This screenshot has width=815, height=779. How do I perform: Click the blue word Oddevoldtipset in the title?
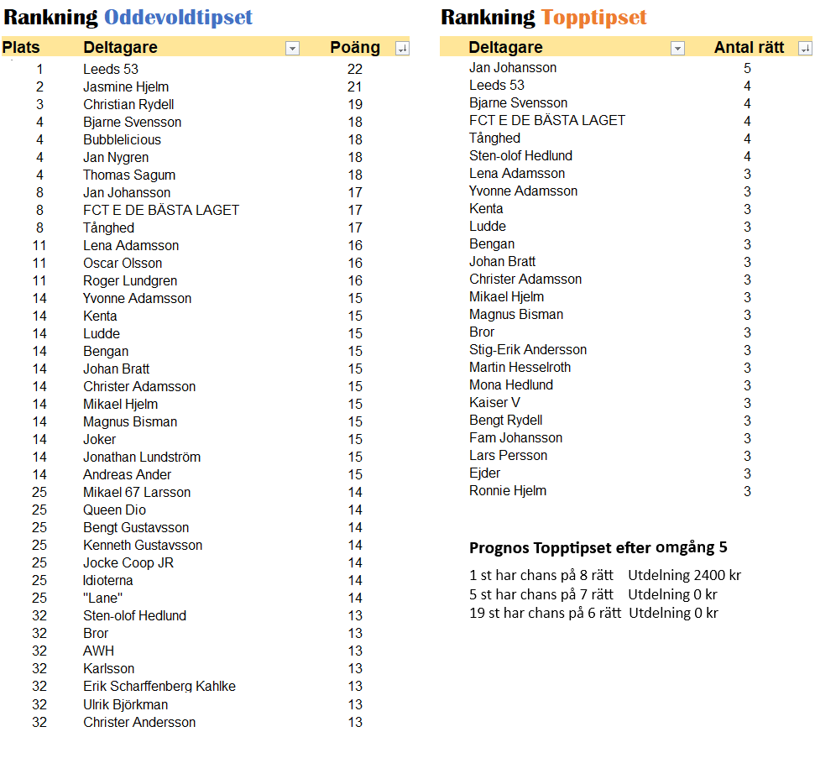tap(178, 18)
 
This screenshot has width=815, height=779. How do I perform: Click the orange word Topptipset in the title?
tap(594, 18)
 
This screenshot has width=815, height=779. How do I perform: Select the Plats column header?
tap(21, 48)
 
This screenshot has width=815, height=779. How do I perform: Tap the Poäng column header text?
tap(355, 48)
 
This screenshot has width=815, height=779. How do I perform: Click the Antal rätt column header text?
tap(749, 48)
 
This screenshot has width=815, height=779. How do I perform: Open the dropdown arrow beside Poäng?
tap(402, 49)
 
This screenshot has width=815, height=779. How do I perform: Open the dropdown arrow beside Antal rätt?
tap(805, 49)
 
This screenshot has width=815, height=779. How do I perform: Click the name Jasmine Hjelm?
tap(126, 86)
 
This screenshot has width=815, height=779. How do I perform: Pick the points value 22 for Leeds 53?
tap(354, 69)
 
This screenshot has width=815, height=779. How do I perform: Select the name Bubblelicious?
tap(122, 139)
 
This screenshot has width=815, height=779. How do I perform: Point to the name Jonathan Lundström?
tap(142, 457)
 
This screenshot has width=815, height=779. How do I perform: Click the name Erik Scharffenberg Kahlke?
tap(159, 686)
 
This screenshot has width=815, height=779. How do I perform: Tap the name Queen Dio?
tap(114, 510)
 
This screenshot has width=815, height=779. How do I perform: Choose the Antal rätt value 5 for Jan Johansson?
tap(747, 68)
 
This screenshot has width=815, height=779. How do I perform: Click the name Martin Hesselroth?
tap(520, 367)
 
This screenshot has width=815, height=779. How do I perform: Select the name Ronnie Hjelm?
tap(508, 490)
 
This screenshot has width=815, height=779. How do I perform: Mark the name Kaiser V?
tap(494, 402)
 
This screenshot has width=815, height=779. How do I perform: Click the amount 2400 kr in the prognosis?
tap(717, 575)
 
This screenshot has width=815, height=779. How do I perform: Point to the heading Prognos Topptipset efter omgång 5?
tap(598, 548)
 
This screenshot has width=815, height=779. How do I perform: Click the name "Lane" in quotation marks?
tap(103, 598)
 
